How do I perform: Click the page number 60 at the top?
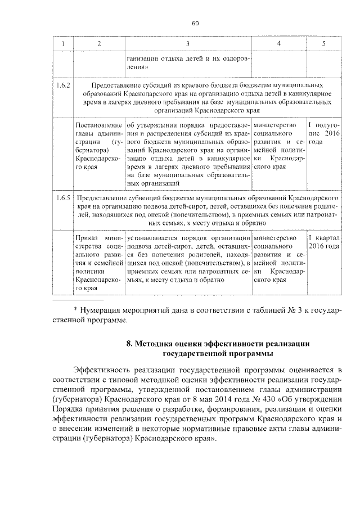click(x=196, y=23)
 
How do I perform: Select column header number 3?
click(x=188, y=43)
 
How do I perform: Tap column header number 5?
click(x=323, y=43)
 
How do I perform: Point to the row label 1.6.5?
click(x=62, y=199)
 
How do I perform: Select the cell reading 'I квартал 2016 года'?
click(x=323, y=242)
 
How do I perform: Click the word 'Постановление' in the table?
click(x=98, y=124)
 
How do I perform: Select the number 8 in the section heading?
click(x=129, y=343)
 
